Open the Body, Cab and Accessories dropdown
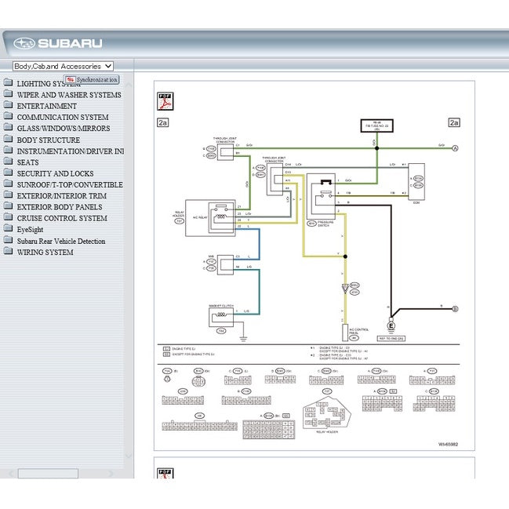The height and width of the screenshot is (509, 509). click(x=63, y=67)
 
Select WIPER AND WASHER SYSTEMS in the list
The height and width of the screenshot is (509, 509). click(x=69, y=95)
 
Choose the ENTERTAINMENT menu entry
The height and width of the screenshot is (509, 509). click(x=47, y=106)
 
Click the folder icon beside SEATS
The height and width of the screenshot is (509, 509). click(x=8, y=162)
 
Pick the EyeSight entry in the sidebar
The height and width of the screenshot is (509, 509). click(x=35, y=230)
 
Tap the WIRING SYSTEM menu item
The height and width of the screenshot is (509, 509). click(x=45, y=253)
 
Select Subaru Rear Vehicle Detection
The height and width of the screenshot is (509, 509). click(x=61, y=242)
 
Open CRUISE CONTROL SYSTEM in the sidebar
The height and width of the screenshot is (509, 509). click(x=62, y=218)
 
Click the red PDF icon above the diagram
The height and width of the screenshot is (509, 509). click(x=165, y=101)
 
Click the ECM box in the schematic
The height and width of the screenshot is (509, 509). click(x=416, y=183)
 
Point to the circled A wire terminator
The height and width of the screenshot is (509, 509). click(x=455, y=147)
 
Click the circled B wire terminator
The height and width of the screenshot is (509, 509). click(x=455, y=309)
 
